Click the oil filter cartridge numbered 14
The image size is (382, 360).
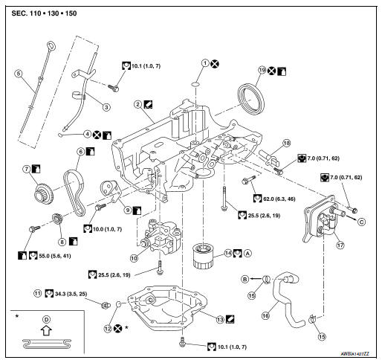click(202, 256)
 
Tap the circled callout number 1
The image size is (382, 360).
click(205, 63)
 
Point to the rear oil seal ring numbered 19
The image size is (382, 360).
click(251, 99)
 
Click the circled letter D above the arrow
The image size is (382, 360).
click(46, 320)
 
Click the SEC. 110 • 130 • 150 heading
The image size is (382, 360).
click(44, 13)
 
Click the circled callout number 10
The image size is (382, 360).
click(134, 258)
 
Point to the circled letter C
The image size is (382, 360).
click(362, 222)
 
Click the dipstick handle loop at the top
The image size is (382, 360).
click(52, 46)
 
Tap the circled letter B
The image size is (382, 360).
click(245, 279)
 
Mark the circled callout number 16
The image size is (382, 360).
click(265, 315)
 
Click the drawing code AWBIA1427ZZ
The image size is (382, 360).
click(355, 354)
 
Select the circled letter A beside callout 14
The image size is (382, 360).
click(247, 253)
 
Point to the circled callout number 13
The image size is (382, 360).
click(220, 320)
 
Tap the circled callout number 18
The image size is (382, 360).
click(287, 143)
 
